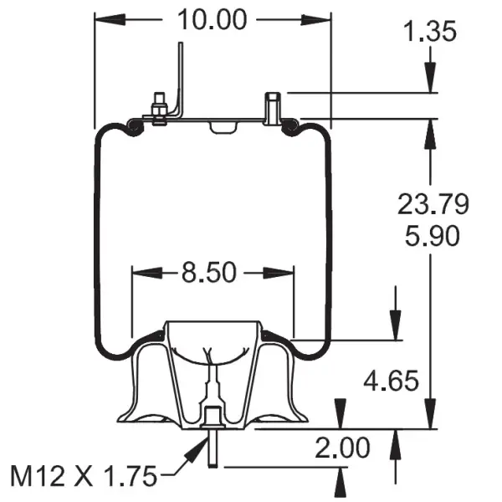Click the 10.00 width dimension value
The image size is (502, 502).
click(213, 18)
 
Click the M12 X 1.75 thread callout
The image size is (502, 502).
click(84, 477)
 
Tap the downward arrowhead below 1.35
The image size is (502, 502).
click(431, 79)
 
